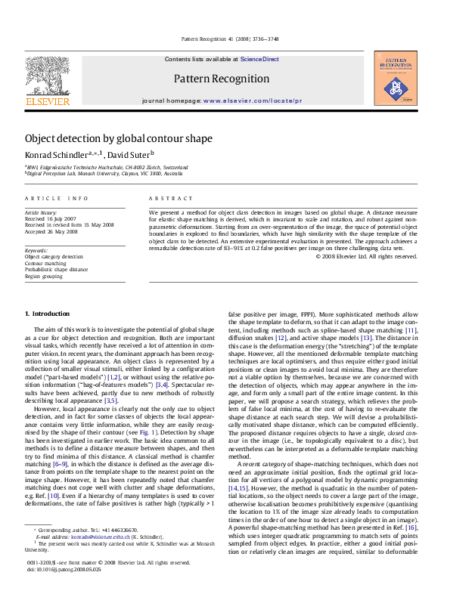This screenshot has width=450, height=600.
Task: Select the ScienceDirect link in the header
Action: [260, 59]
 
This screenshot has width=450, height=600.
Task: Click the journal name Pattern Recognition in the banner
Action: [221, 79]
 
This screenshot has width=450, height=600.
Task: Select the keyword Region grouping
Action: [43, 274]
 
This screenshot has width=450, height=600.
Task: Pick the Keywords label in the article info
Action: [37, 250]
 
